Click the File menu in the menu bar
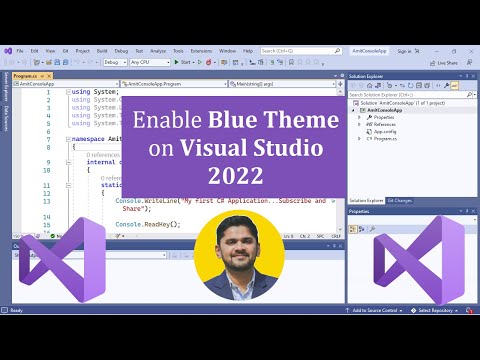coord(20,50)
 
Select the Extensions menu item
coord(200,50)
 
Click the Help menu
coord(248,50)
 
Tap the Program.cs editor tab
coord(26,75)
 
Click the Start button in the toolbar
coord(183,62)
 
